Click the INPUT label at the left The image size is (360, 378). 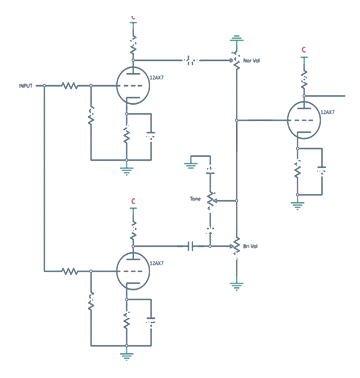24,85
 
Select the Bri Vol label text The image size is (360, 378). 250,246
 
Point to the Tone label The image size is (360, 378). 196,198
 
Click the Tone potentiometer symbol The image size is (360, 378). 210,200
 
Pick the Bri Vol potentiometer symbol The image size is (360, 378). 236,246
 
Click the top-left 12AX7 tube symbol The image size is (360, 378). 133,85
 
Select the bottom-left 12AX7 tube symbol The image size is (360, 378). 133,271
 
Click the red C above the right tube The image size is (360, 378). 304,49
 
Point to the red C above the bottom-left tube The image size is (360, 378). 133,200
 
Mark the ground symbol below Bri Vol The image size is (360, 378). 236,285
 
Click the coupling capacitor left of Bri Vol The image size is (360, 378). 190,246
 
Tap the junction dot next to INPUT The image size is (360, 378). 44,85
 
